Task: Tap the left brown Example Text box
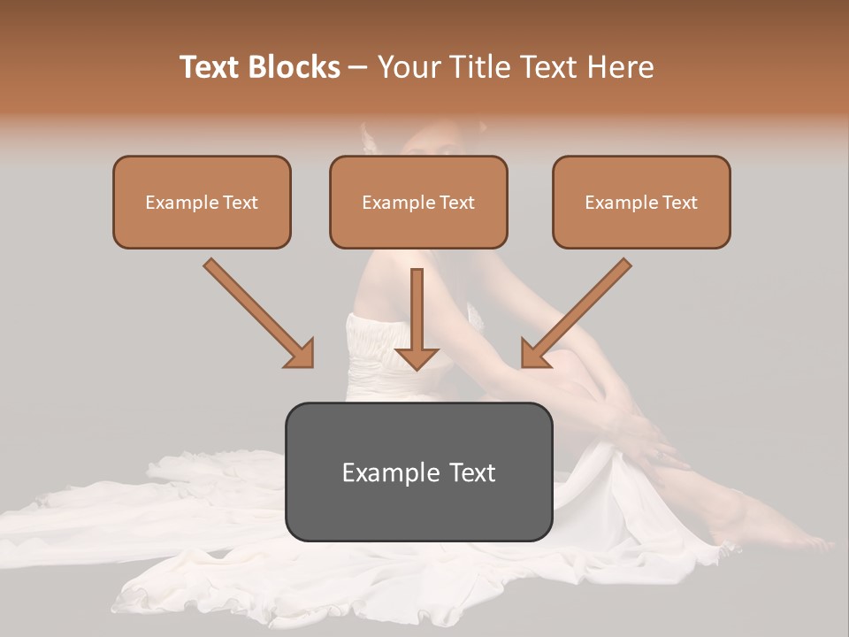tap(202, 202)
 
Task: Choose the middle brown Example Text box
tap(418, 202)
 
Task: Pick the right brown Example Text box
tap(641, 202)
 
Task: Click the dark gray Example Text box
tap(418, 472)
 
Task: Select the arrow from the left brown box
tap(256, 311)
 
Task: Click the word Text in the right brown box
tap(679, 203)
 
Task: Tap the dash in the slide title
tap(358, 68)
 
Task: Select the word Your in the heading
tap(409, 67)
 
